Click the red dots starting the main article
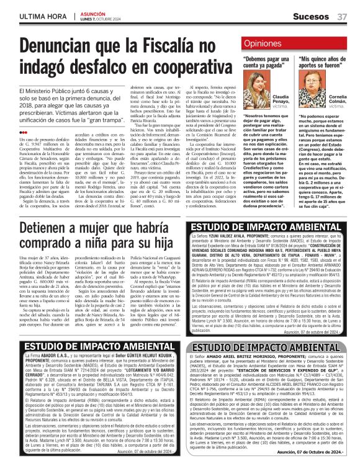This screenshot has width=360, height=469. (23, 132)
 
